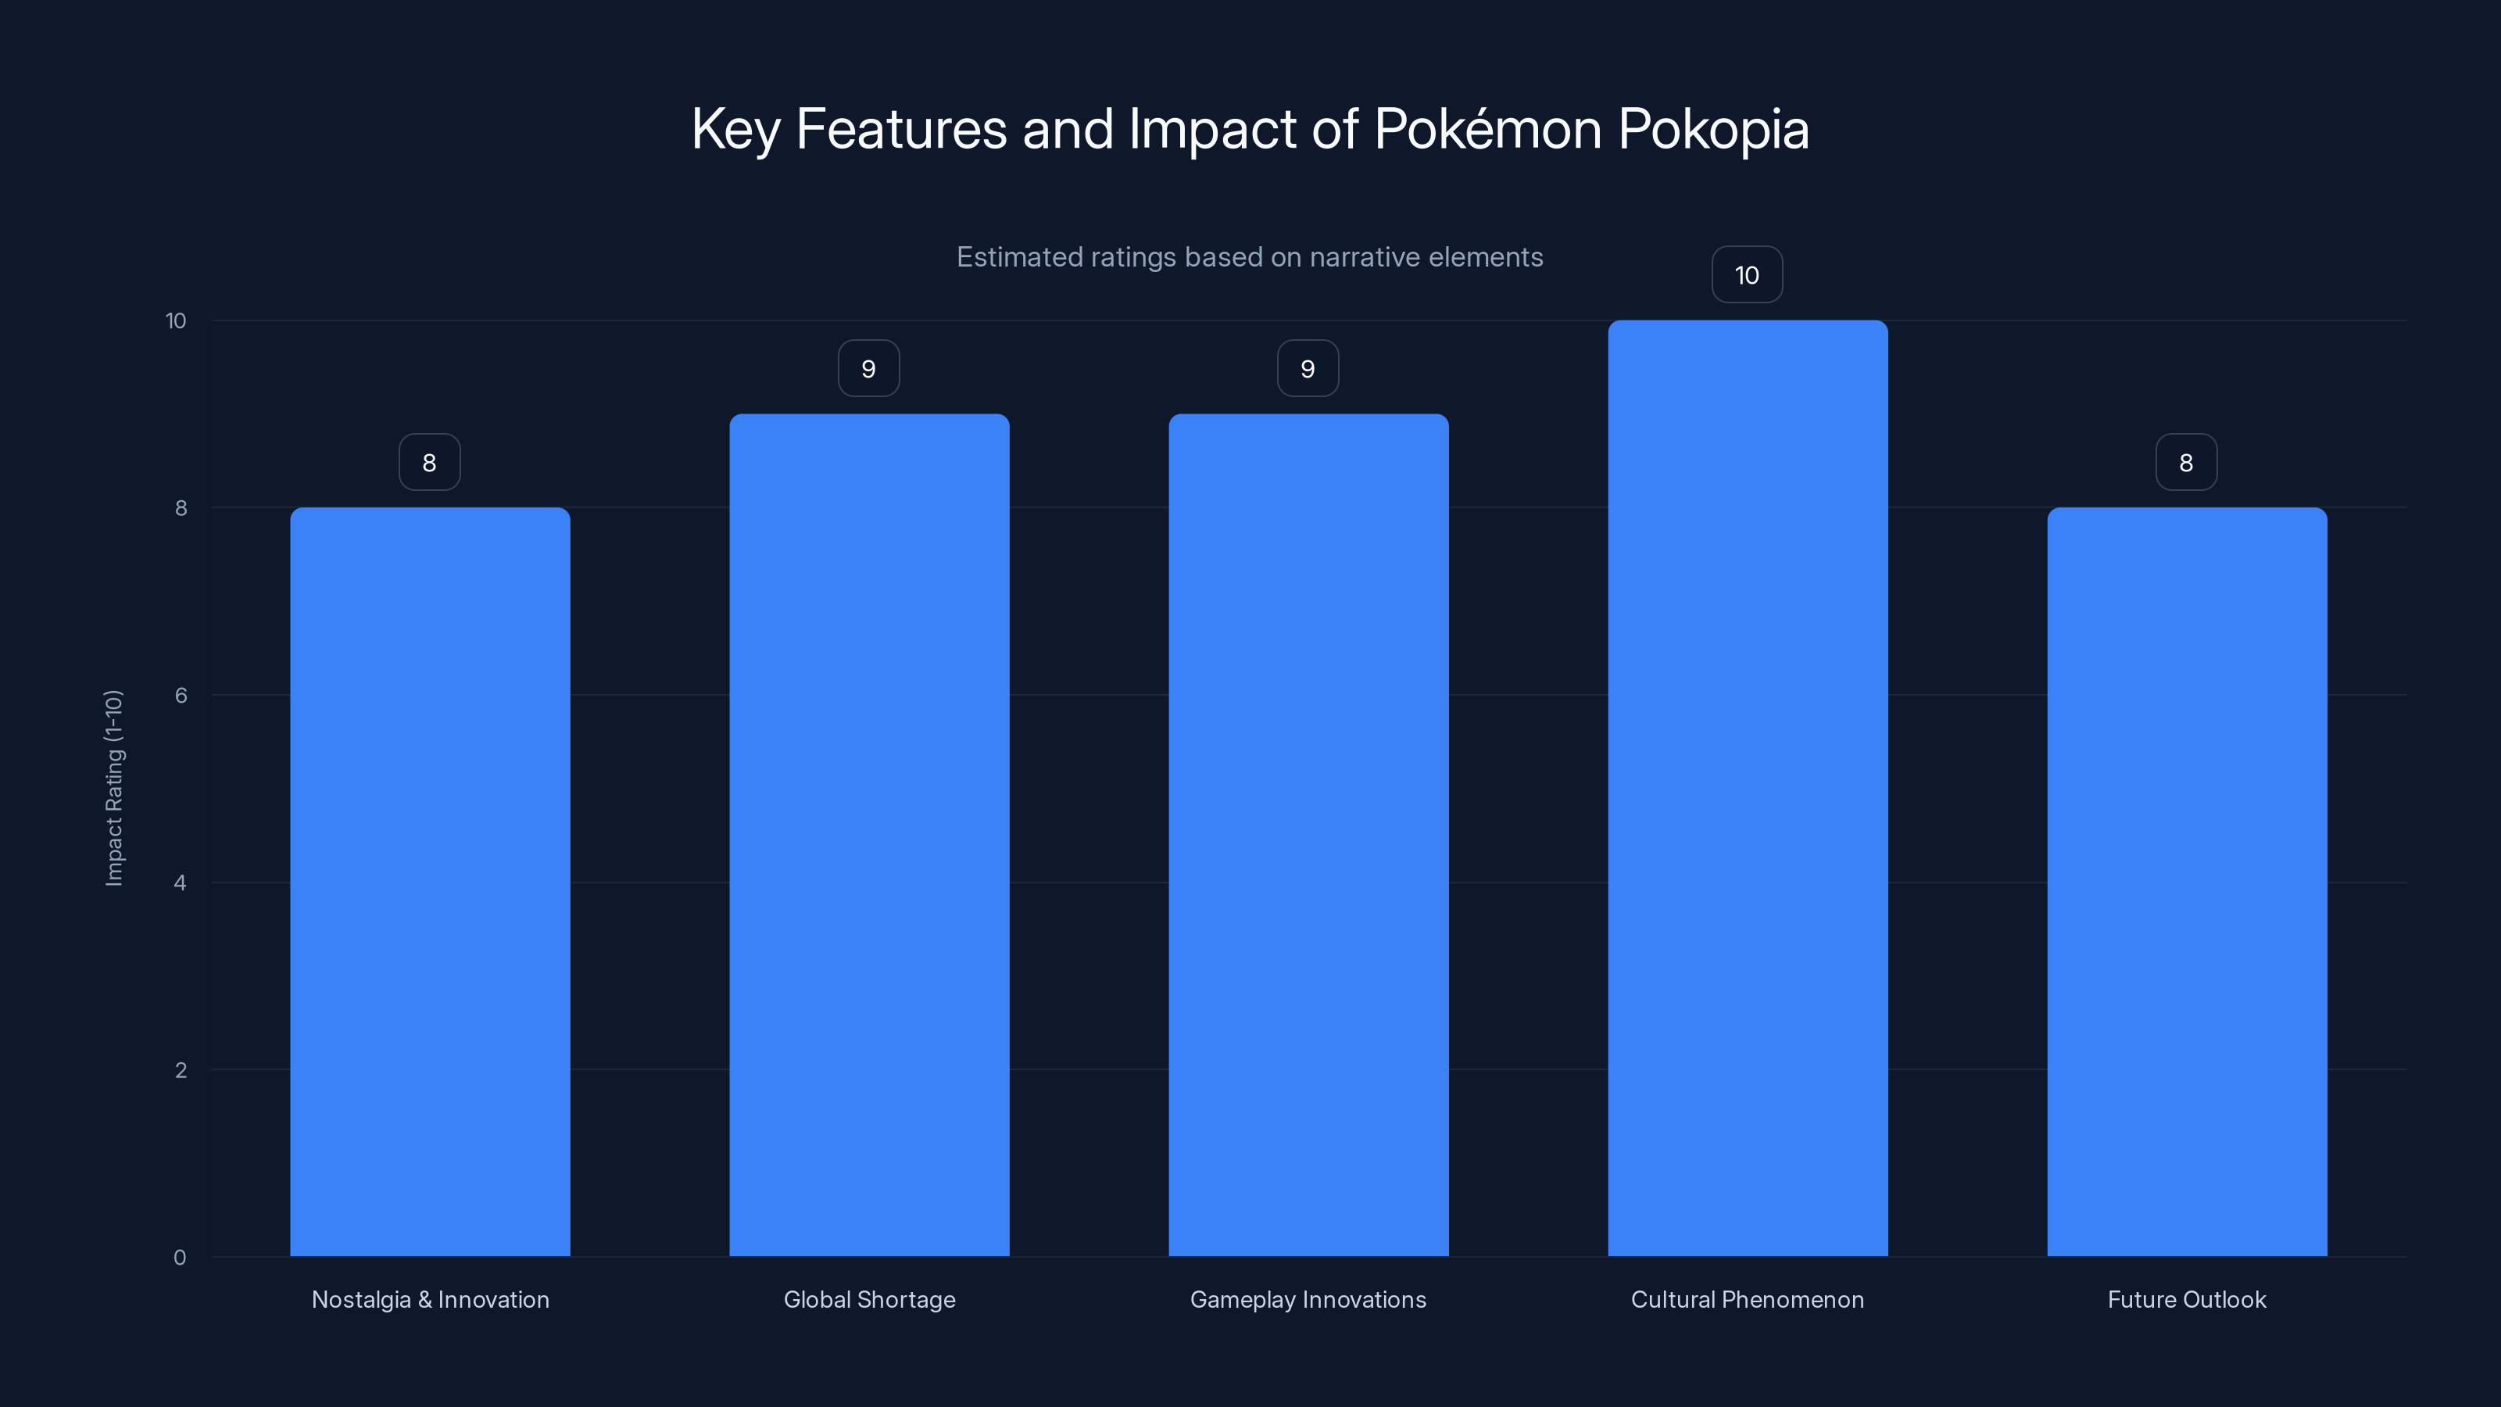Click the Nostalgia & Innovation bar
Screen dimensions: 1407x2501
430,882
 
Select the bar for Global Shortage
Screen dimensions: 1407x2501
869,835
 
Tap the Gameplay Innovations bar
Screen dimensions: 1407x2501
1308,835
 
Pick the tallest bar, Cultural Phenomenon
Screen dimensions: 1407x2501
1748,789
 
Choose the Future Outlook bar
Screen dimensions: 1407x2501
2187,882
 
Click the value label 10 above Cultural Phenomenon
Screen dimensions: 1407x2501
1747,275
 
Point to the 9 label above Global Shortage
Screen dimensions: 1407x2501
869,369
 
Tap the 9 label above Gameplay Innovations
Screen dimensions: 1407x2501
1308,369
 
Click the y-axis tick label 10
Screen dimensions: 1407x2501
176,320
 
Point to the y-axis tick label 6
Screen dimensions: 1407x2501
181,695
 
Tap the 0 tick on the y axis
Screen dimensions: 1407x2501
180,1258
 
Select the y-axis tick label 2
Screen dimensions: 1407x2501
181,1070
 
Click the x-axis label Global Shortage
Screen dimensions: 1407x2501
869,1299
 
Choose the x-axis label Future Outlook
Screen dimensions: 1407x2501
2187,1299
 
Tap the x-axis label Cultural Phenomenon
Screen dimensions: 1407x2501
1747,1299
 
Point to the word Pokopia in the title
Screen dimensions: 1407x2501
1712,129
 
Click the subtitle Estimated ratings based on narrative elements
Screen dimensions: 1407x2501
1250,257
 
